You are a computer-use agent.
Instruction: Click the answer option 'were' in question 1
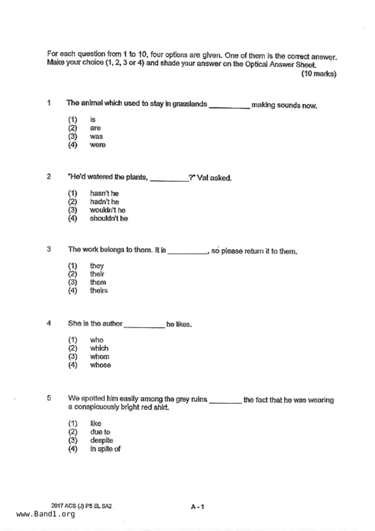click(x=97, y=145)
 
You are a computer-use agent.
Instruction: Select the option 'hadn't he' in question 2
click(x=104, y=202)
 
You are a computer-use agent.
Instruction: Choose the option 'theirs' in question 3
click(x=99, y=290)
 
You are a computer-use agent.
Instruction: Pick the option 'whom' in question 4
click(x=99, y=356)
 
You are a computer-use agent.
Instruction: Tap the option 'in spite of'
click(x=105, y=449)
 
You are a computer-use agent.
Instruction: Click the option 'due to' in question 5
click(x=100, y=432)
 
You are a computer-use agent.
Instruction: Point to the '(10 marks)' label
click(x=319, y=74)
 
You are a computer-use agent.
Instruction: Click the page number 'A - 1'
click(x=197, y=506)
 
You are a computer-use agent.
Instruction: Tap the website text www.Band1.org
click(x=45, y=514)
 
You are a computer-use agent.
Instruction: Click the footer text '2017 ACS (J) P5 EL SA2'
click(x=81, y=506)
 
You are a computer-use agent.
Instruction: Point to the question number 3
click(x=49, y=249)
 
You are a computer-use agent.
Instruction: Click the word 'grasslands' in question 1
click(x=190, y=104)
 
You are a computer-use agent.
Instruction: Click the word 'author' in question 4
click(x=112, y=324)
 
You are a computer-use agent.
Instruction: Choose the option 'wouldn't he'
click(x=107, y=210)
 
